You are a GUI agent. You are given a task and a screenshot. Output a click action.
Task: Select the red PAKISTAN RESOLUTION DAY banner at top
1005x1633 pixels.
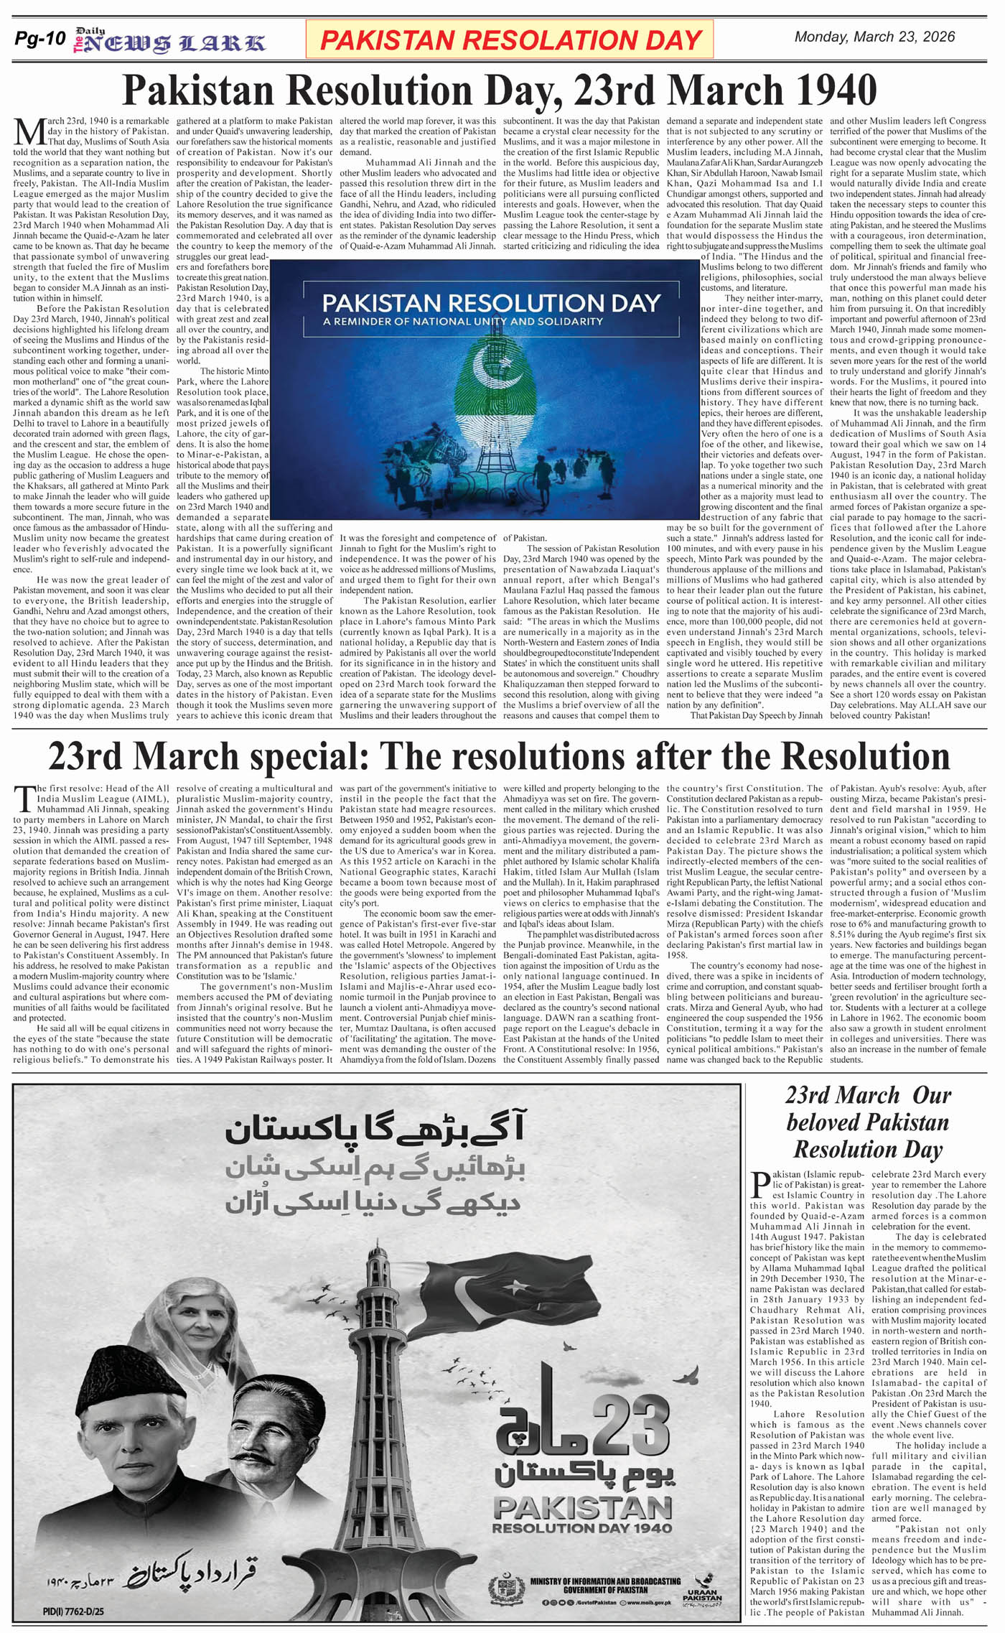tap(510, 39)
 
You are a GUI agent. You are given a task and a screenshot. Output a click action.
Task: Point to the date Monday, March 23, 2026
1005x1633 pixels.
tap(874, 37)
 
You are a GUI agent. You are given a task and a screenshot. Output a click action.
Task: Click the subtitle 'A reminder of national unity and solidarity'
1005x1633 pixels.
tap(463, 321)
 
